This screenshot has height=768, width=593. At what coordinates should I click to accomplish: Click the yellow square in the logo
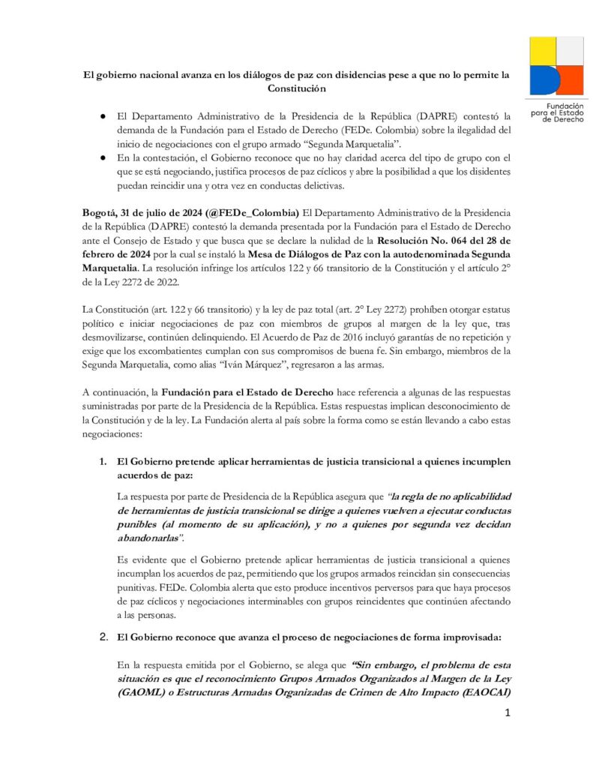[543, 50]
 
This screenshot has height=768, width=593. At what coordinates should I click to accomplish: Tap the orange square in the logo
[571, 80]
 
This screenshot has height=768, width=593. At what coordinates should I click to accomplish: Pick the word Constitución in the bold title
[298, 88]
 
